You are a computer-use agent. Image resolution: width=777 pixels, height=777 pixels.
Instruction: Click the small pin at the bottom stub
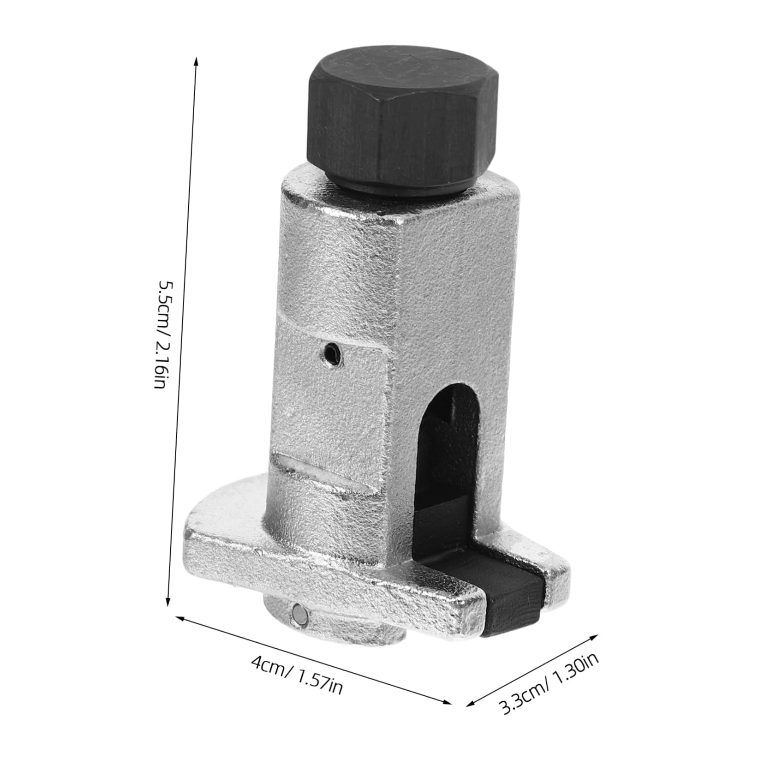[299, 614]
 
